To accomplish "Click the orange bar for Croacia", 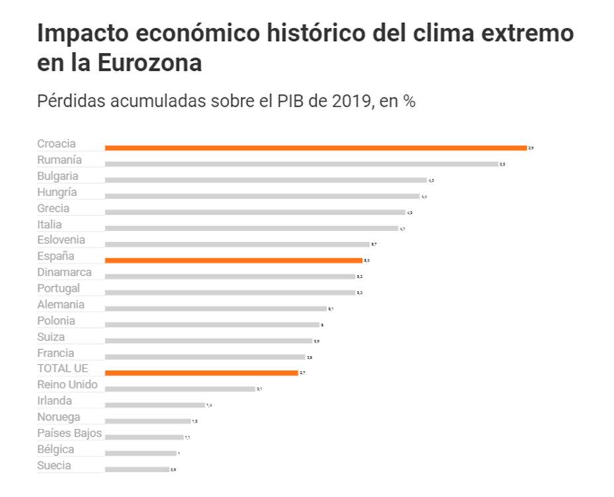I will tap(315, 148).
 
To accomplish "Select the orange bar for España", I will tap(233, 260).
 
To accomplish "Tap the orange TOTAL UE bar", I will tap(201, 373).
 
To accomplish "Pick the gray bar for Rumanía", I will tap(301, 164).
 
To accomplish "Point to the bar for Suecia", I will tap(137, 469).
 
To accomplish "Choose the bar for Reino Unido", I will tap(179, 389).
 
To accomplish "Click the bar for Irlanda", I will tap(155, 405).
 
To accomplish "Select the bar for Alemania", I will tap(215, 309).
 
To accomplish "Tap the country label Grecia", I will tap(53, 208).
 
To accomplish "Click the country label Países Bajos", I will tap(70, 433).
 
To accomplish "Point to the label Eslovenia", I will tap(61, 240).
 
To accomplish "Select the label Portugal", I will tap(58, 288).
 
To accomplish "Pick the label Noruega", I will tap(58, 417).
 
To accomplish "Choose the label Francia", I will tap(56, 353).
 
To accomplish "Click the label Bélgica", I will tap(56, 449).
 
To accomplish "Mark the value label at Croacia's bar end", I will tap(531, 148).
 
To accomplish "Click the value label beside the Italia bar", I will tap(402, 229).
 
